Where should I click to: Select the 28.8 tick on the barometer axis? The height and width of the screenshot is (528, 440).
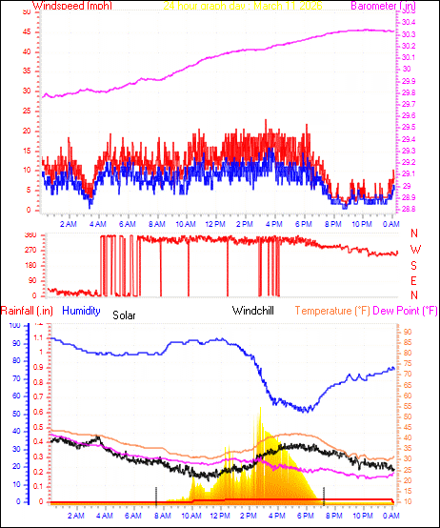coord(408,209)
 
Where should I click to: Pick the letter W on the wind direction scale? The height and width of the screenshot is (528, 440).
coord(414,250)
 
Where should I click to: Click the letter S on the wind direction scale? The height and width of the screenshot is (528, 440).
coord(414,265)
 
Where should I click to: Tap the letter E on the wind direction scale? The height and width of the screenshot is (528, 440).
coord(414,280)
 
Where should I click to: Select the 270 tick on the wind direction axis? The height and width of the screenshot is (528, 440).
coord(30,250)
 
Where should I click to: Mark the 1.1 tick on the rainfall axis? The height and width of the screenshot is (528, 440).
coord(38,337)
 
